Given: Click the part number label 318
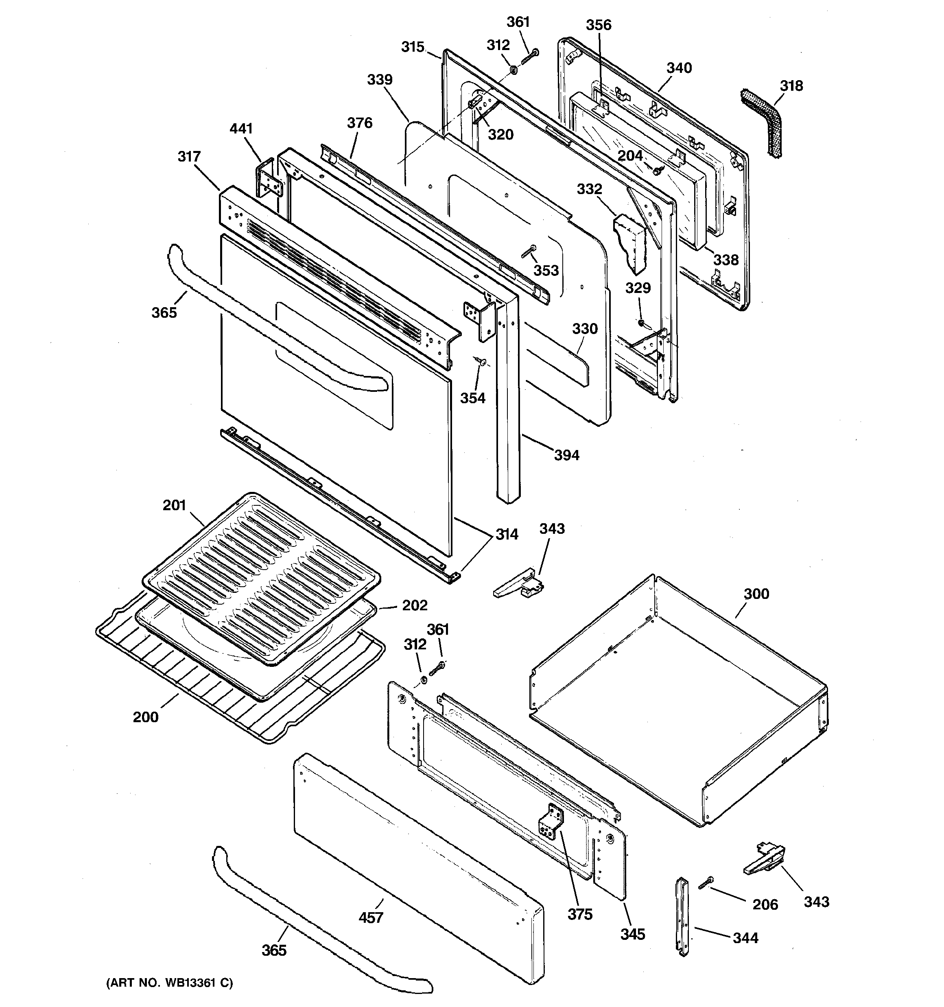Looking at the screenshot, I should tap(791, 86).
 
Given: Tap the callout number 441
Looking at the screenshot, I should tap(241, 129).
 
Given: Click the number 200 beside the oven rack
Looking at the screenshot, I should tap(145, 717).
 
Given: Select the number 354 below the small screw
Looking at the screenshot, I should tap(472, 398).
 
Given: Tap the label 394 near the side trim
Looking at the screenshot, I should tap(566, 455).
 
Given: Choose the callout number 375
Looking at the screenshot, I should tap(580, 914).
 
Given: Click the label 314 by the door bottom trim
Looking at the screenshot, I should tap(506, 534).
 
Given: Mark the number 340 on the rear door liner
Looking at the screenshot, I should tap(679, 68).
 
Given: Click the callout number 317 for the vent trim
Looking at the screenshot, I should tap(189, 157).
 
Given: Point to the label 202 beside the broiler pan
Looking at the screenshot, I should tap(415, 605).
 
